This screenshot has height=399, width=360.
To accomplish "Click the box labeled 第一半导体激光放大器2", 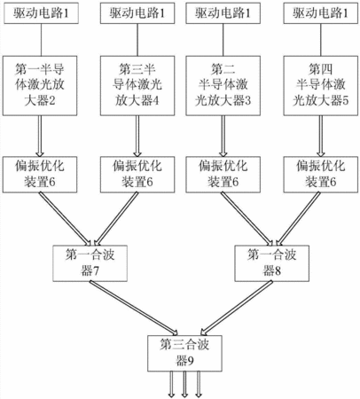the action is coord(40,86).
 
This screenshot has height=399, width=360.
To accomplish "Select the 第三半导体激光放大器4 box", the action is coord(137,86).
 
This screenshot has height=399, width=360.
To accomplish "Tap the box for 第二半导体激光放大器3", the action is coord(223,86).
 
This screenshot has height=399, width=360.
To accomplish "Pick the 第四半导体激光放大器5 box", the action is coord(321,86).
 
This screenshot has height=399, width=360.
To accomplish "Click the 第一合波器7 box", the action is coord(90,263).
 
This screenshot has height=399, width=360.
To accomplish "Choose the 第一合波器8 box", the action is coord(272,263).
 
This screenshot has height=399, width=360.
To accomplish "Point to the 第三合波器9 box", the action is coord(184,353).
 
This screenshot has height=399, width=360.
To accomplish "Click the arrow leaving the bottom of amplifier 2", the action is coord(40,136).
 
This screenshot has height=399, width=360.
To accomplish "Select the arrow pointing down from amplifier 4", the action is coord(137,136).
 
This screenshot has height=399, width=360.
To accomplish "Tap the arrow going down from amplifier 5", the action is coord(321,136).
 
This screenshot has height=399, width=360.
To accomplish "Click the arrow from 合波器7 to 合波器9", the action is coord(134,308).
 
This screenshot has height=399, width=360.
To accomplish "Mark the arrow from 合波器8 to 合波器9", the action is coord(237,308).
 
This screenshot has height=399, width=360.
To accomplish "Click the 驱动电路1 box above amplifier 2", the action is coord(41,13).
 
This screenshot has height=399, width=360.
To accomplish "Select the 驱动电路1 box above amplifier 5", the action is coord(321,13).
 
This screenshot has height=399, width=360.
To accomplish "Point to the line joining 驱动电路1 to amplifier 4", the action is coord(137,40).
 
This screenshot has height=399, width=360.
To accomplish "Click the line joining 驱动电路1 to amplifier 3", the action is coord(223,40).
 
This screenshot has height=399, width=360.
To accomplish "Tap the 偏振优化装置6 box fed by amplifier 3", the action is coord(223,175).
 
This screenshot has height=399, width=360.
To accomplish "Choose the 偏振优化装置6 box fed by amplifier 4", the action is coord(137,175).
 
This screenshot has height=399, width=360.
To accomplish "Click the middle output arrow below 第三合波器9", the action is coord(184,384).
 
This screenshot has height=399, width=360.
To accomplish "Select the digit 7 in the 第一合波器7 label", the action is coord(96,270).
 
